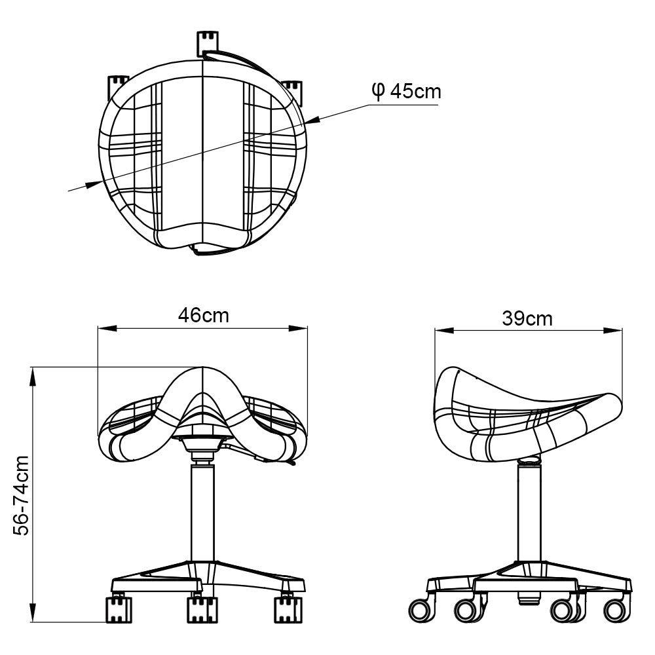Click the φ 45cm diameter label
click(x=406, y=92)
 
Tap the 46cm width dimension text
click(x=204, y=316)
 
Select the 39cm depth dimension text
click(x=527, y=319)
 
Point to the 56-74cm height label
click(x=22, y=495)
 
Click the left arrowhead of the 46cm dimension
click(x=107, y=329)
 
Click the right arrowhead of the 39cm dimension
click(x=613, y=331)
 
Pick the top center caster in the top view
click(x=207, y=43)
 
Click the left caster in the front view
click(x=119, y=609)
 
